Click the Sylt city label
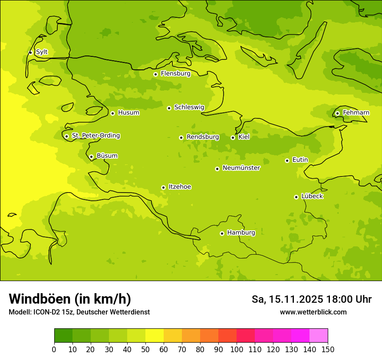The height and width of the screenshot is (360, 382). pyautogui.click(x=42, y=52)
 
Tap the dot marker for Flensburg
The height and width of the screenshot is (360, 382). pyautogui.click(x=155, y=74)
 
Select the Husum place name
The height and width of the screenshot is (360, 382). pyautogui.click(x=128, y=113)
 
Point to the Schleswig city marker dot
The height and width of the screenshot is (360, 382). pyautogui.click(x=169, y=108)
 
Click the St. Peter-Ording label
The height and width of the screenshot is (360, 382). pyautogui.click(x=95, y=136)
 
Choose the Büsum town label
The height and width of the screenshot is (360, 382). pyautogui.click(x=107, y=156)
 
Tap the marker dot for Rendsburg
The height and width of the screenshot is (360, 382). pyautogui.click(x=181, y=137)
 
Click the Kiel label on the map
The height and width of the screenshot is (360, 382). pyautogui.click(x=244, y=137)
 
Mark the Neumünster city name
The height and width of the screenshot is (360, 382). pyautogui.click(x=241, y=168)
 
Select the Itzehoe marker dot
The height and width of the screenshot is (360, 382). pyautogui.click(x=163, y=187)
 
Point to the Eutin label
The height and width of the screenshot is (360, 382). pyautogui.click(x=300, y=160)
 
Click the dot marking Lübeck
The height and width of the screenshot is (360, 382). pyautogui.click(x=296, y=197)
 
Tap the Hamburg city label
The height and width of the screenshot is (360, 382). pyautogui.click(x=241, y=233)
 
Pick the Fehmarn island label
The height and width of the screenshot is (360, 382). pyautogui.click(x=356, y=113)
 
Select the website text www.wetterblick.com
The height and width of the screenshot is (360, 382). pyautogui.click(x=313, y=312)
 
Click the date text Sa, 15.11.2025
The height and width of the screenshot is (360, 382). pyautogui.click(x=287, y=299)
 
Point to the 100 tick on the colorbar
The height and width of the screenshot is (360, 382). pyautogui.click(x=237, y=349)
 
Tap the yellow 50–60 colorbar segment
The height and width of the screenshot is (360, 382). pyautogui.click(x=155, y=336)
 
